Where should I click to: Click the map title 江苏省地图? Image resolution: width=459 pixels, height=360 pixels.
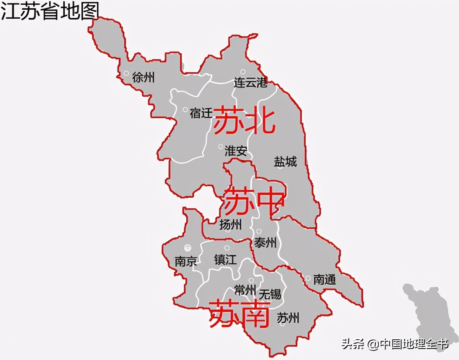click(50, 11)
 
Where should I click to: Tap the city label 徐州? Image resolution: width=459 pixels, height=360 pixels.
click(143, 78)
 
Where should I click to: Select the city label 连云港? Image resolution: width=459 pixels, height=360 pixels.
click(251, 82)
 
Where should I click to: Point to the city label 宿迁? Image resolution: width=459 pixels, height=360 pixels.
click(201, 113)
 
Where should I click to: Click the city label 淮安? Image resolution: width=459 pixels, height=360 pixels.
click(236, 151)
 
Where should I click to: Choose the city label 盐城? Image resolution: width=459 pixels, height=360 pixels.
click(285, 162)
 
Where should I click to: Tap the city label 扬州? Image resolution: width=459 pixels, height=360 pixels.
click(231, 225)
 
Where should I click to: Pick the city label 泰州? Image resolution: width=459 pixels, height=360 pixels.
click(265, 242)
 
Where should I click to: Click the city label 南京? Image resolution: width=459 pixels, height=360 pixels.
click(186, 262)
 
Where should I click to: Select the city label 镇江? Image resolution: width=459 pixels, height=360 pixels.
click(225, 260)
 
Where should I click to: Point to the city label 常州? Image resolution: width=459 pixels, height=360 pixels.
click(245, 290)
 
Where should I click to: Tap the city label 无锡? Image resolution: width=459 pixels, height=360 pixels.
click(270, 294)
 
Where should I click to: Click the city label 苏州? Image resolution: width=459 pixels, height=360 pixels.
click(288, 318)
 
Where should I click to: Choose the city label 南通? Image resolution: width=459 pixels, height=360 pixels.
click(324, 280)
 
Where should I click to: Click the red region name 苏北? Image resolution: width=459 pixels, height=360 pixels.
click(244, 121)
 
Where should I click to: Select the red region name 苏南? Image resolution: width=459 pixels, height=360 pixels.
click(239, 314)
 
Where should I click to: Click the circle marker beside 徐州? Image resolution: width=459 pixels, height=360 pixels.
click(126, 73)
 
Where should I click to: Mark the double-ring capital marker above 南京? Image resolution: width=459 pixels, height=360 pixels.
click(187, 248)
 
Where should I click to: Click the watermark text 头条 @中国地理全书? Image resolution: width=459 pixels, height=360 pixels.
click(394, 344)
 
